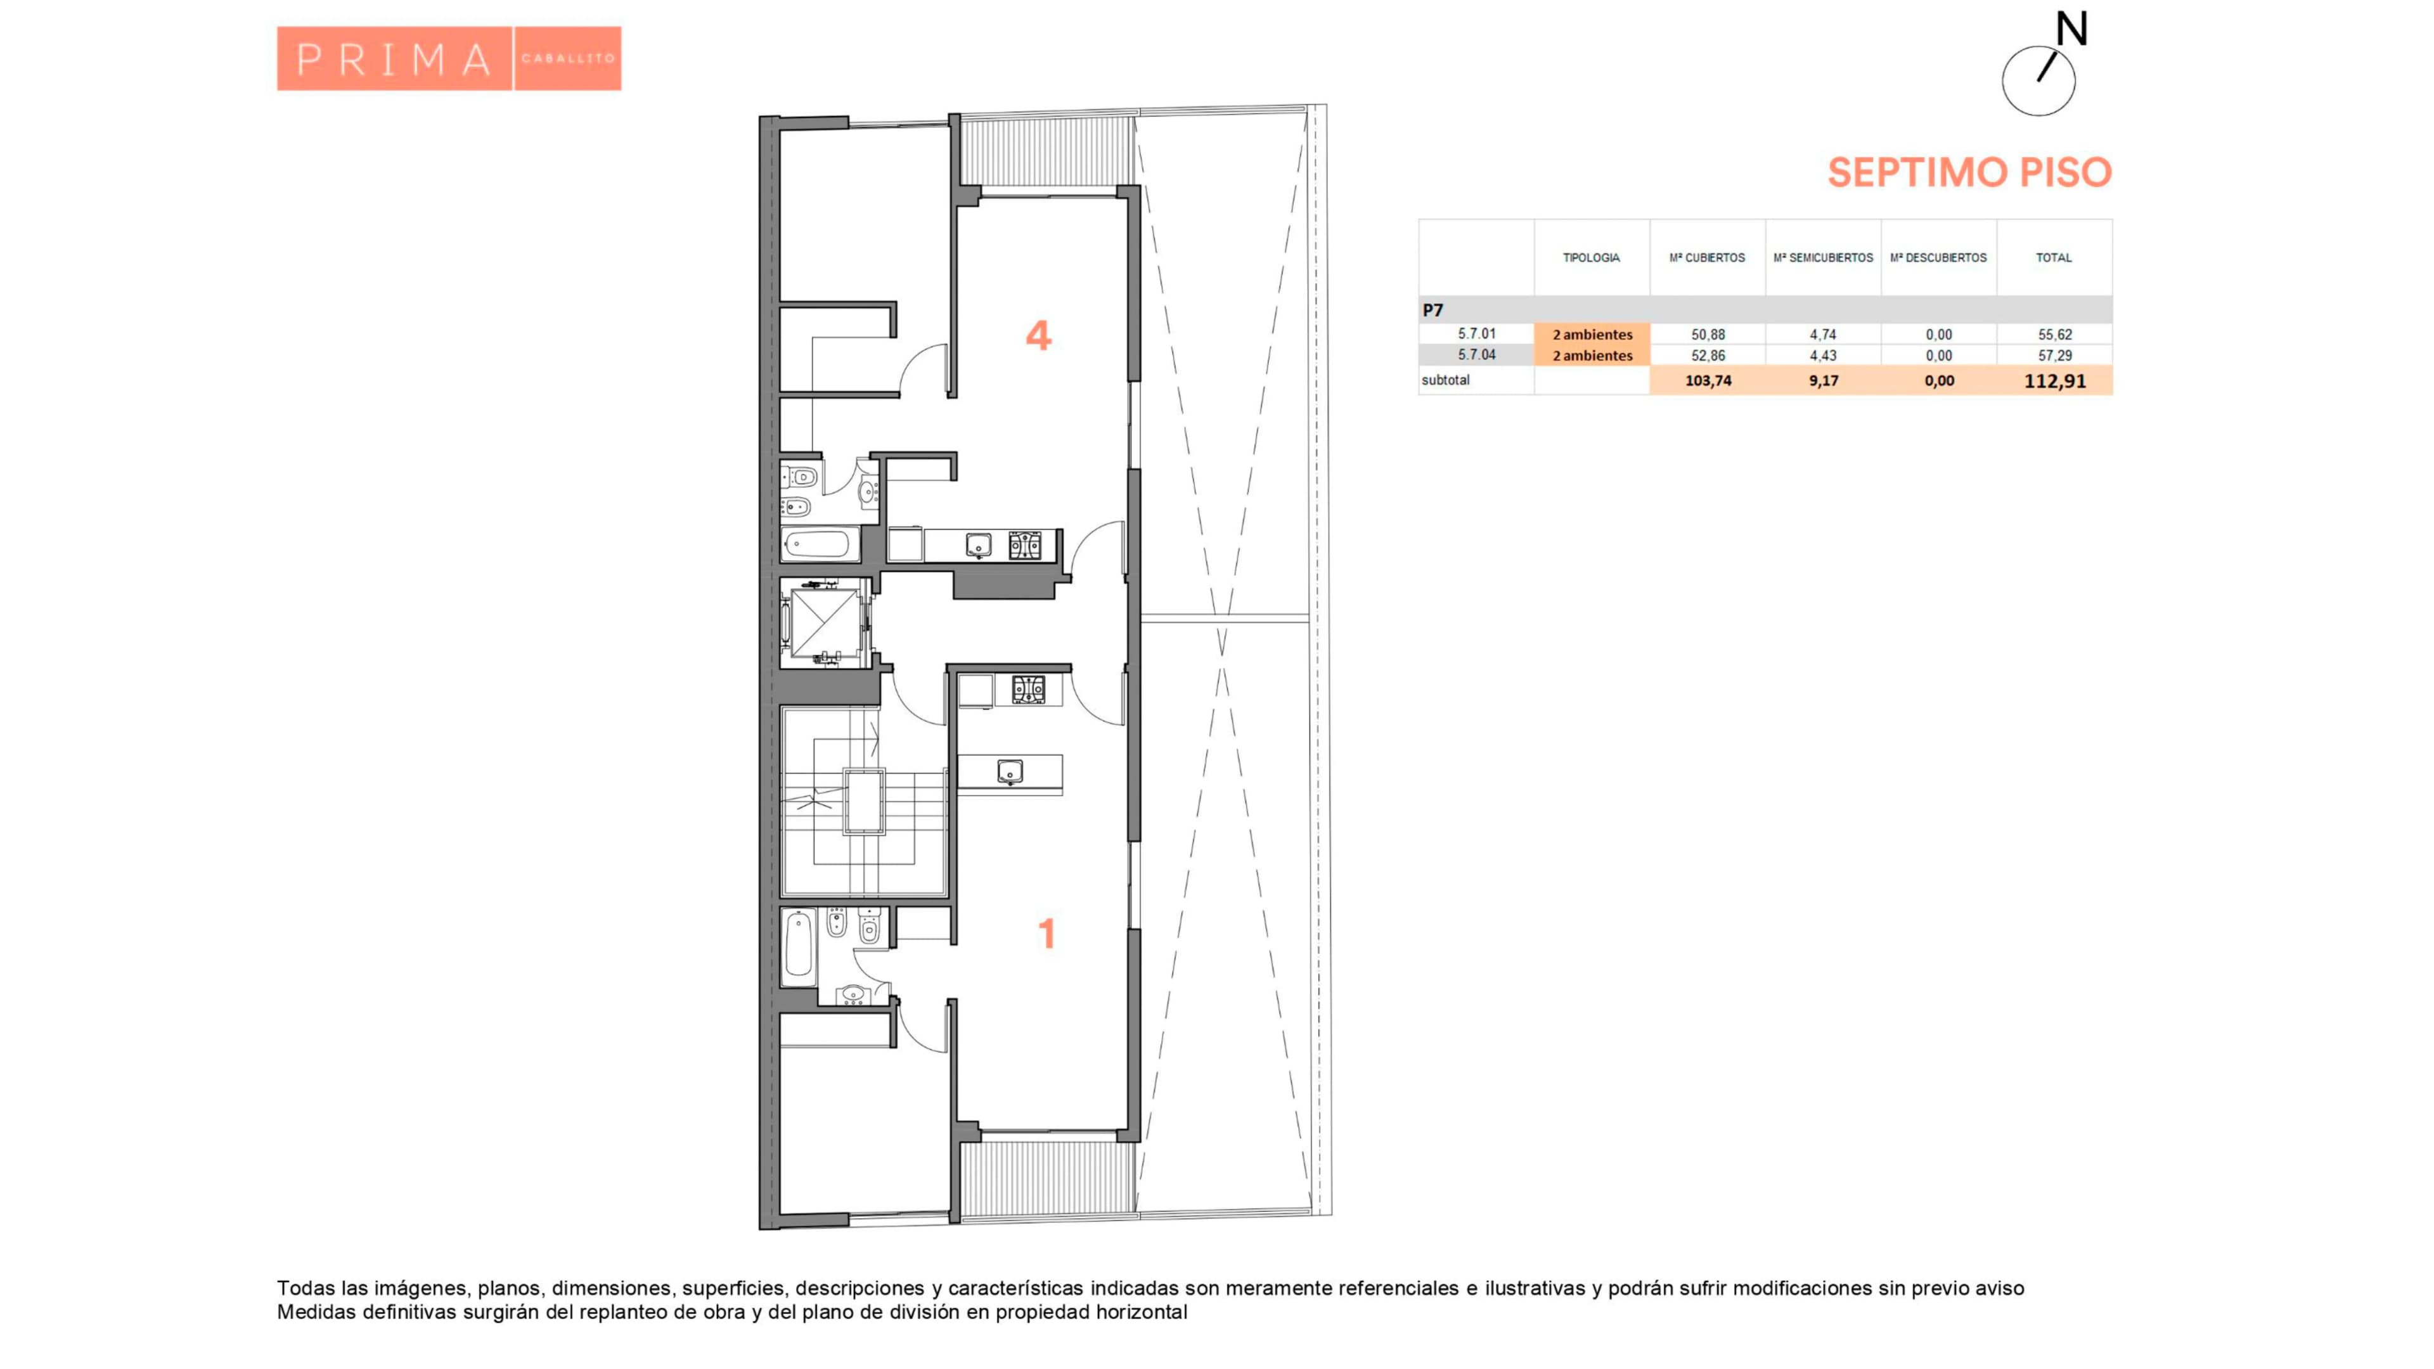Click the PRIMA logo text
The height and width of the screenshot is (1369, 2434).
tap(394, 60)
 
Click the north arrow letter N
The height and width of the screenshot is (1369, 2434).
tap(2071, 29)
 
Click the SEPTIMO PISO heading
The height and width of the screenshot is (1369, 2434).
tap(1969, 172)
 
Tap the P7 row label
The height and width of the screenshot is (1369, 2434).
tap(1433, 310)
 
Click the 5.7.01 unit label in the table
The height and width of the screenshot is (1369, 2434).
tap(1477, 333)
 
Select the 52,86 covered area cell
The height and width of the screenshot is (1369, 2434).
tap(1708, 355)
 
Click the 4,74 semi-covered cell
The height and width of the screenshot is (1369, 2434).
tap(1823, 335)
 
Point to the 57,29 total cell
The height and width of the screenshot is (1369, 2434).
tap(2054, 355)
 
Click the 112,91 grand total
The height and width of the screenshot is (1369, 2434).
tap(2054, 381)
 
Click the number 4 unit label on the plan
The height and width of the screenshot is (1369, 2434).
tap(1038, 335)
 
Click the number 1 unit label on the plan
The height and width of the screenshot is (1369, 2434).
tap(1046, 934)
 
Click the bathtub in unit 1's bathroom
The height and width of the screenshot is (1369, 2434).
tap(799, 944)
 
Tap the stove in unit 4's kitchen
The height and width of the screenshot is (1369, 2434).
tap(1025, 545)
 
